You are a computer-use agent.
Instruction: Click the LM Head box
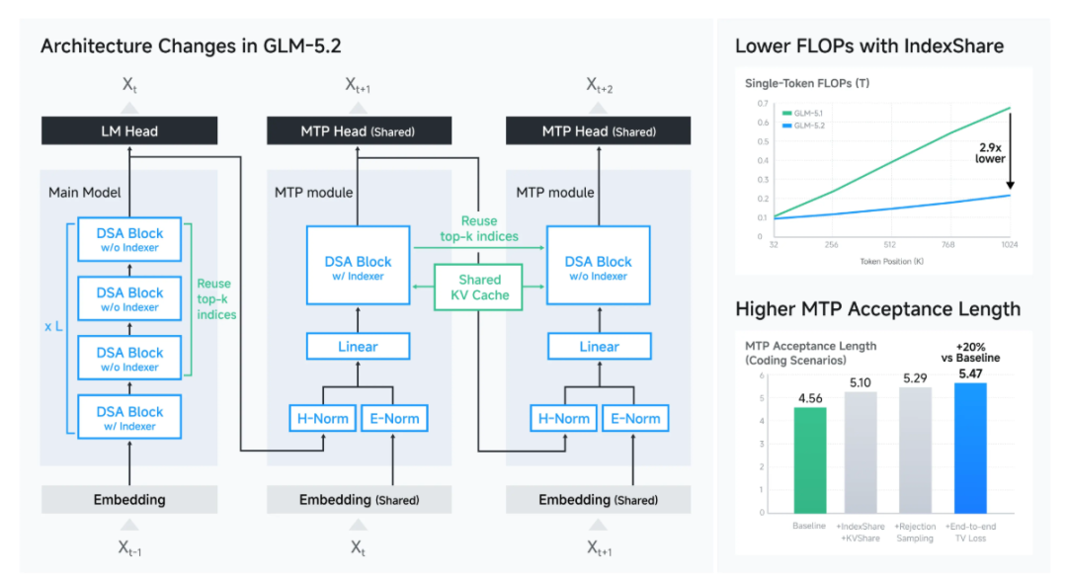(x=129, y=130)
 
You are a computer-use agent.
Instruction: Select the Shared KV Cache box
(x=479, y=288)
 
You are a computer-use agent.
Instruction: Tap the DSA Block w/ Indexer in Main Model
(x=129, y=417)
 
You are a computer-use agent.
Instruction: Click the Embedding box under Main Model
(x=129, y=500)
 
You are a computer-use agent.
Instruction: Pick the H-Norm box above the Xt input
(x=322, y=419)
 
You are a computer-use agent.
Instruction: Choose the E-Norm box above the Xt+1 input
(x=635, y=419)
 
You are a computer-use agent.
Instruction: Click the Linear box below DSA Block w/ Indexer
(x=358, y=347)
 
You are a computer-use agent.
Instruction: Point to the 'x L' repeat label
(x=53, y=327)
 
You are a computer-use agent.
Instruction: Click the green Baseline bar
(x=810, y=460)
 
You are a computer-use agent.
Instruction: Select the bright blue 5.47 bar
(x=970, y=448)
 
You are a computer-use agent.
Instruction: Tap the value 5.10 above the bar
(x=861, y=382)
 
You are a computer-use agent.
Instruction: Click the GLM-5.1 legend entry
(x=803, y=114)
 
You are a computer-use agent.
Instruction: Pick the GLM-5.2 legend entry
(x=803, y=125)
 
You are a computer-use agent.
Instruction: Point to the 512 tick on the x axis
(x=889, y=245)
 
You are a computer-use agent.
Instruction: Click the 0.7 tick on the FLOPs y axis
(x=763, y=104)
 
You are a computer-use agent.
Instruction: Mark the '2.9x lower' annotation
(x=990, y=153)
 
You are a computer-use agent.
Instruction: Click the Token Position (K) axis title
(x=891, y=262)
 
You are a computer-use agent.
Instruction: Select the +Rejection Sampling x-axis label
(x=915, y=533)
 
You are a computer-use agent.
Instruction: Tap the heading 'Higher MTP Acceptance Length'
(x=878, y=309)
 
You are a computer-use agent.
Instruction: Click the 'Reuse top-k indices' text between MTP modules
(x=479, y=228)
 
